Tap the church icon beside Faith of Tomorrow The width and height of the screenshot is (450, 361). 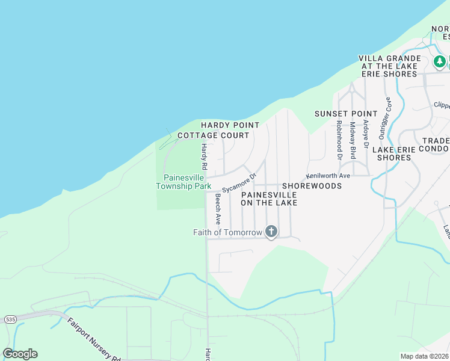271,232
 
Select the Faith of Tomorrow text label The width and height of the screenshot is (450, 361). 227,232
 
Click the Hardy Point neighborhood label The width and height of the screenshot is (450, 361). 230,125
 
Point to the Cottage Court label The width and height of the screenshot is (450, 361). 213,135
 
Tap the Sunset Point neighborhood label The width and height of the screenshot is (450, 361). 346,114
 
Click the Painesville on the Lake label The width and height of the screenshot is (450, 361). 269,199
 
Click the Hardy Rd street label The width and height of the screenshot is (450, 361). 204,155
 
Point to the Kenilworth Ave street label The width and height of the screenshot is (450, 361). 328,176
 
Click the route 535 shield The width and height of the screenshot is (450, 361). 9,318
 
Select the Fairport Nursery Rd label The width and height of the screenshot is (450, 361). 94,340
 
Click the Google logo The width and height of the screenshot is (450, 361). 20,354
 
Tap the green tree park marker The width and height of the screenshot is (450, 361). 440,61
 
